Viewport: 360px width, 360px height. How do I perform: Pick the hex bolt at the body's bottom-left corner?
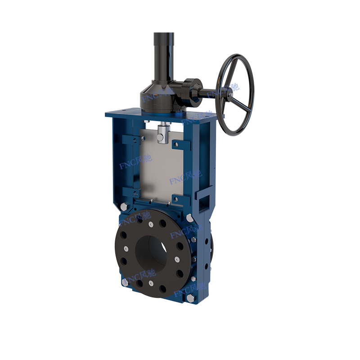click(x=125, y=282)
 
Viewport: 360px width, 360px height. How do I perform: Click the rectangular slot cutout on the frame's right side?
click(x=205, y=197)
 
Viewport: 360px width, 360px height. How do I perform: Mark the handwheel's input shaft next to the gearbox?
click(x=205, y=92)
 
